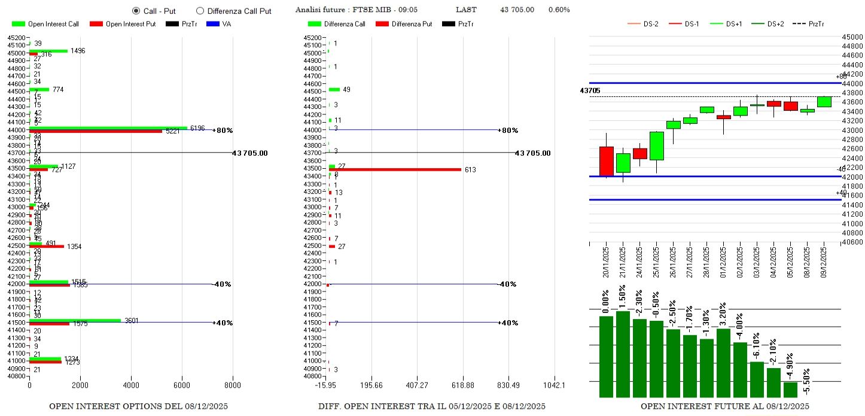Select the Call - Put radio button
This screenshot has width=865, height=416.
(x=136, y=11)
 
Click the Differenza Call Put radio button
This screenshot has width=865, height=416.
(x=200, y=11)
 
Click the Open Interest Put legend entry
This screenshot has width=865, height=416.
(x=123, y=24)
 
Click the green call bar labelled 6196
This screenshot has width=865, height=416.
(x=108, y=127)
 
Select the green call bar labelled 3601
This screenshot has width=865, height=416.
(x=75, y=320)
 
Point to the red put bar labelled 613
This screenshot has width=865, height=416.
(x=395, y=169)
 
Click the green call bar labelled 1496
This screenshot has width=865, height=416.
(x=48, y=51)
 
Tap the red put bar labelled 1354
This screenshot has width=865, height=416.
(x=47, y=246)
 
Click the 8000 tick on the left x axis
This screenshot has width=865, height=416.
(x=233, y=386)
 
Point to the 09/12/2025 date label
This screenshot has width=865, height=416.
(x=824, y=263)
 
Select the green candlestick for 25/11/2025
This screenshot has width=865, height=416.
(x=656, y=145)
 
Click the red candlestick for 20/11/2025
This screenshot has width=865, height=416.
(x=606, y=161)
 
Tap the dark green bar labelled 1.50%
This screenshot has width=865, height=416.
(x=623, y=354)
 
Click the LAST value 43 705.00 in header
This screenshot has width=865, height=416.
(x=517, y=10)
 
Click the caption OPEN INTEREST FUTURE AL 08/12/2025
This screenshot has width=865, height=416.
(x=724, y=406)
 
